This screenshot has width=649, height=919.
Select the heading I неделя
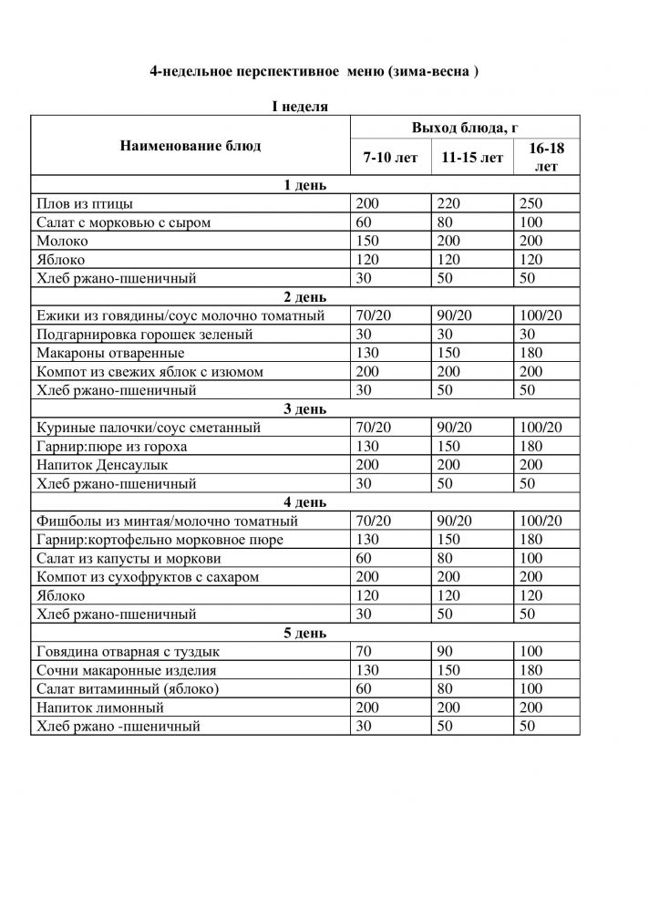pos(300,107)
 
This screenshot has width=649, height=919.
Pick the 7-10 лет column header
pos(390,158)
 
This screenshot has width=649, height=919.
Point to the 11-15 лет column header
pos(471,158)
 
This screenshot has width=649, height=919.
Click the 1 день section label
pos(300,186)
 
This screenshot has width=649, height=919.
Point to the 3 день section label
pos(300,408)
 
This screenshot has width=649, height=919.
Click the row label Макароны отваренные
pos(110,353)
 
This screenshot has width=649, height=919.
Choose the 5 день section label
pos(300,633)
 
